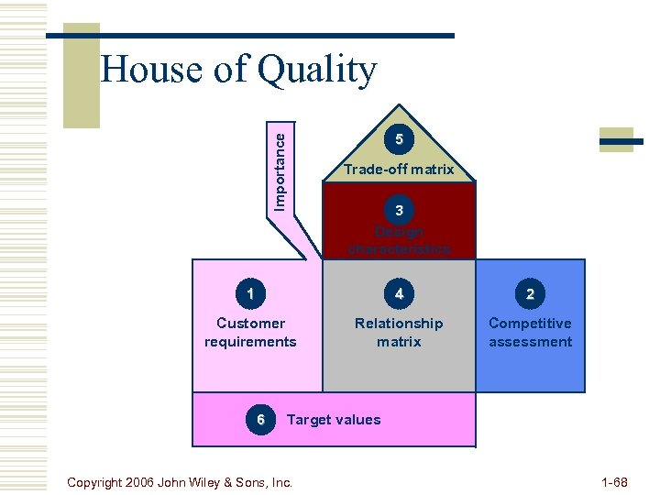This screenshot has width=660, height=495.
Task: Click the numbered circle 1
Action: (x=250, y=294)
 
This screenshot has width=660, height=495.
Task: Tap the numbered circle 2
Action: (x=530, y=294)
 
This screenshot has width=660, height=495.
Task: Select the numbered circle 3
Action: (x=399, y=211)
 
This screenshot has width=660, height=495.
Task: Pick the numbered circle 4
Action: (x=399, y=294)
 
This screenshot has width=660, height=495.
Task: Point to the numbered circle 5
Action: (x=399, y=139)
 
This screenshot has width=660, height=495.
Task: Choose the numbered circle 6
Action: (x=261, y=419)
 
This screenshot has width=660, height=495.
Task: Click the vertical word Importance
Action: (x=280, y=170)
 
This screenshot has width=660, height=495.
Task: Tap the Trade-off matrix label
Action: (x=399, y=170)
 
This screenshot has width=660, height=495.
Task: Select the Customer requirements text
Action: (x=250, y=332)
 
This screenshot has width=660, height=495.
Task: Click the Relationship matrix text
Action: (x=399, y=332)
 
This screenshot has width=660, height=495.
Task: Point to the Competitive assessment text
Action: (x=530, y=332)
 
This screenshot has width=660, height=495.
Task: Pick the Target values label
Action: (x=334, y=420)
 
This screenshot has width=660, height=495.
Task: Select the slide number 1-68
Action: (x=613, y=481)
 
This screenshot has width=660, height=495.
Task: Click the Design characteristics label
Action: (x=399, y=240)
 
